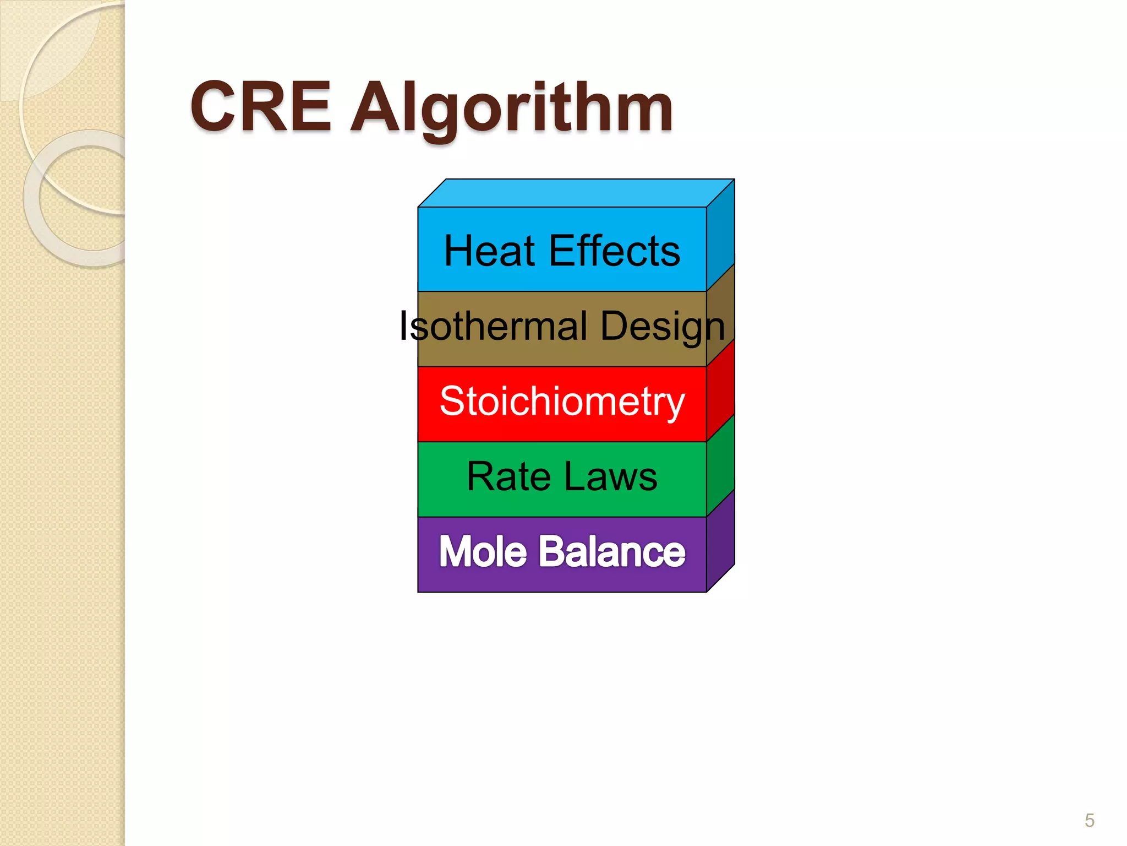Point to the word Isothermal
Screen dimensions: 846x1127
pos(493,326)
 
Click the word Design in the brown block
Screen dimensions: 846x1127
pos(663,327)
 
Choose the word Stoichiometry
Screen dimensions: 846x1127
pos(562,402)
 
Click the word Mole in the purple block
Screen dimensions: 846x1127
pos(483,551)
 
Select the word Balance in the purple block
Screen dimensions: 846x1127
pos(612,551)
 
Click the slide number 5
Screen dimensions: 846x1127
pos(1090,821)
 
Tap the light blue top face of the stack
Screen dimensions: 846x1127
pos(575,193)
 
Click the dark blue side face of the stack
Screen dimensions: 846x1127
pos(720,237)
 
